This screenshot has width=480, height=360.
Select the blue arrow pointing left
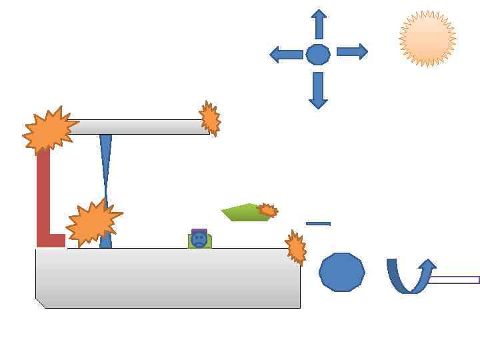[286, 55]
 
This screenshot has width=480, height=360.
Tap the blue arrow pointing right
[352, 51]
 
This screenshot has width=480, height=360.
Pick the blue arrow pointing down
[318, 89]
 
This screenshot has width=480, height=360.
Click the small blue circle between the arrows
[318, 54]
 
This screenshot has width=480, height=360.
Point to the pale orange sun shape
[427, 39]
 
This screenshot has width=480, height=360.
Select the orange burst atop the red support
[49, 130]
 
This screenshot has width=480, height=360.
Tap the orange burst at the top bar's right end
[210, 119]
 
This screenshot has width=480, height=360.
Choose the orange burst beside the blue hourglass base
[93, 222]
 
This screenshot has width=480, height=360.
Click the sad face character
[199, 239]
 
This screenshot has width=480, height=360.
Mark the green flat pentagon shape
[243, 213]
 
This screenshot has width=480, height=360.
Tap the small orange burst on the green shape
[268, 210]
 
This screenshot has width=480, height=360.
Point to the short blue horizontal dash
[318, 223]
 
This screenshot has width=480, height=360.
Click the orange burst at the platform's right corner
[296, 247]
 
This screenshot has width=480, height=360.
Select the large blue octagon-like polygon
[342, 272]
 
